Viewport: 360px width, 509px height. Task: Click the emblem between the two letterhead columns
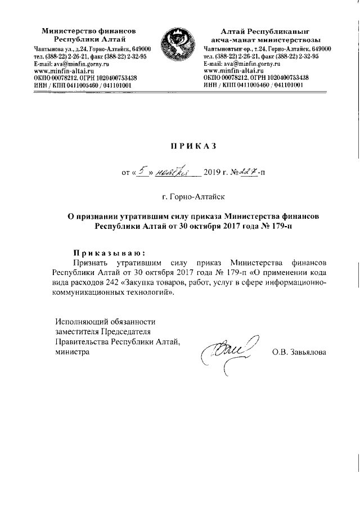[179, 49]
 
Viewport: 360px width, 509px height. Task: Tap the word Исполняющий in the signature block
[78, 322]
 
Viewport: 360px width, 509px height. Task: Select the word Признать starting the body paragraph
[91, 262]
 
